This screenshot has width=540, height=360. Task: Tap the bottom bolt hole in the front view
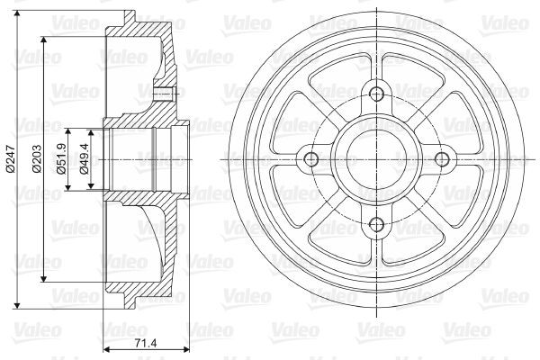(377, 224)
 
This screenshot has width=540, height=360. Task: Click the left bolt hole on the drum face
(312, 159)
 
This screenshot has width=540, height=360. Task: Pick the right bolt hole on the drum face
(442, 159)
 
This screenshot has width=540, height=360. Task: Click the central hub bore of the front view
(377, 159)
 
